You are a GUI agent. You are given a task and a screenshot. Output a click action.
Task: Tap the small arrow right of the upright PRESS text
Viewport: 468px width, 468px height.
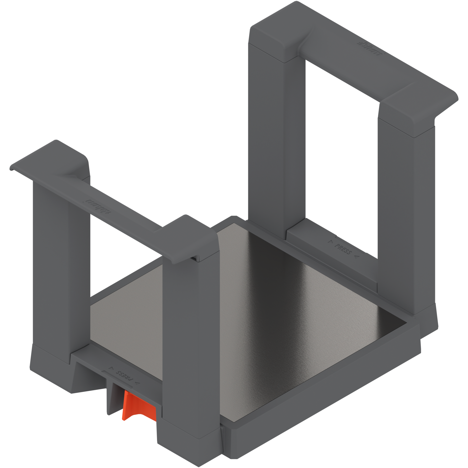point(356,257)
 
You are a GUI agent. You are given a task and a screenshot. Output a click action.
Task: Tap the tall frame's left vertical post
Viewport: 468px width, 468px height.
point(268,130)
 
